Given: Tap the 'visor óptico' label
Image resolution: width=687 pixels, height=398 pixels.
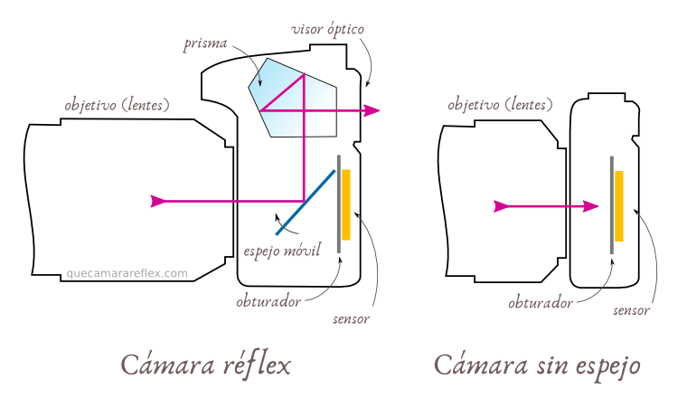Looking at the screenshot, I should [327, 29].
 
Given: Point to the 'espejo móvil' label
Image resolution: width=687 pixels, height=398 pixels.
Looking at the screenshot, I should [283, 249].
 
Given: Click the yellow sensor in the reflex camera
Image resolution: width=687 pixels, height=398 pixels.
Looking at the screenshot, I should [345, 204].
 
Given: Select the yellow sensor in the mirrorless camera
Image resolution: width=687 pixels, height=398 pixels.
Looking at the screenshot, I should [619, 206].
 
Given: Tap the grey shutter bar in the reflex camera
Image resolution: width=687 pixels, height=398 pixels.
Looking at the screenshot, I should [338, 204].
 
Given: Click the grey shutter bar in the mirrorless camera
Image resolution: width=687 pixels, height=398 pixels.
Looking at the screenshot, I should [611, 204].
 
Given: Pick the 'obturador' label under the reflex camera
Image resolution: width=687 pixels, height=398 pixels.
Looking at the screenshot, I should [268, 301].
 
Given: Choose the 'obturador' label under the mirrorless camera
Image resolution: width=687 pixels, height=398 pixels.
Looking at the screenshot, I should [540, 303].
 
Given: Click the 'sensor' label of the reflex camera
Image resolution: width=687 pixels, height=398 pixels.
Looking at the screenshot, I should [352, 318].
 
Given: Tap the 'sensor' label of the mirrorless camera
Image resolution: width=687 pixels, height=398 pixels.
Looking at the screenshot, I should [631, 310].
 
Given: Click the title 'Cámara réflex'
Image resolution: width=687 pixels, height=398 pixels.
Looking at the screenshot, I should [206, 365].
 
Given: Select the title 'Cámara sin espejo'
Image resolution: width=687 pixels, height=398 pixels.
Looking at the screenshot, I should [537, 365].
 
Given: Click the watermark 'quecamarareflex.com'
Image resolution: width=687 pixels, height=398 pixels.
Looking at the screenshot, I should [127, 272].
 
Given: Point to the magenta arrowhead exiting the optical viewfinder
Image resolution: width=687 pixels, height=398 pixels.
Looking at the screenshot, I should [372, 110].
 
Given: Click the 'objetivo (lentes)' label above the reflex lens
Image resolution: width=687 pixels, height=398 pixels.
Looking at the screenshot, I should [117, 104].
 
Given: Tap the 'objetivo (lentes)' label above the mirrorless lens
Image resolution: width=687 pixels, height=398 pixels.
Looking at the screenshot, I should [500, 104].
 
